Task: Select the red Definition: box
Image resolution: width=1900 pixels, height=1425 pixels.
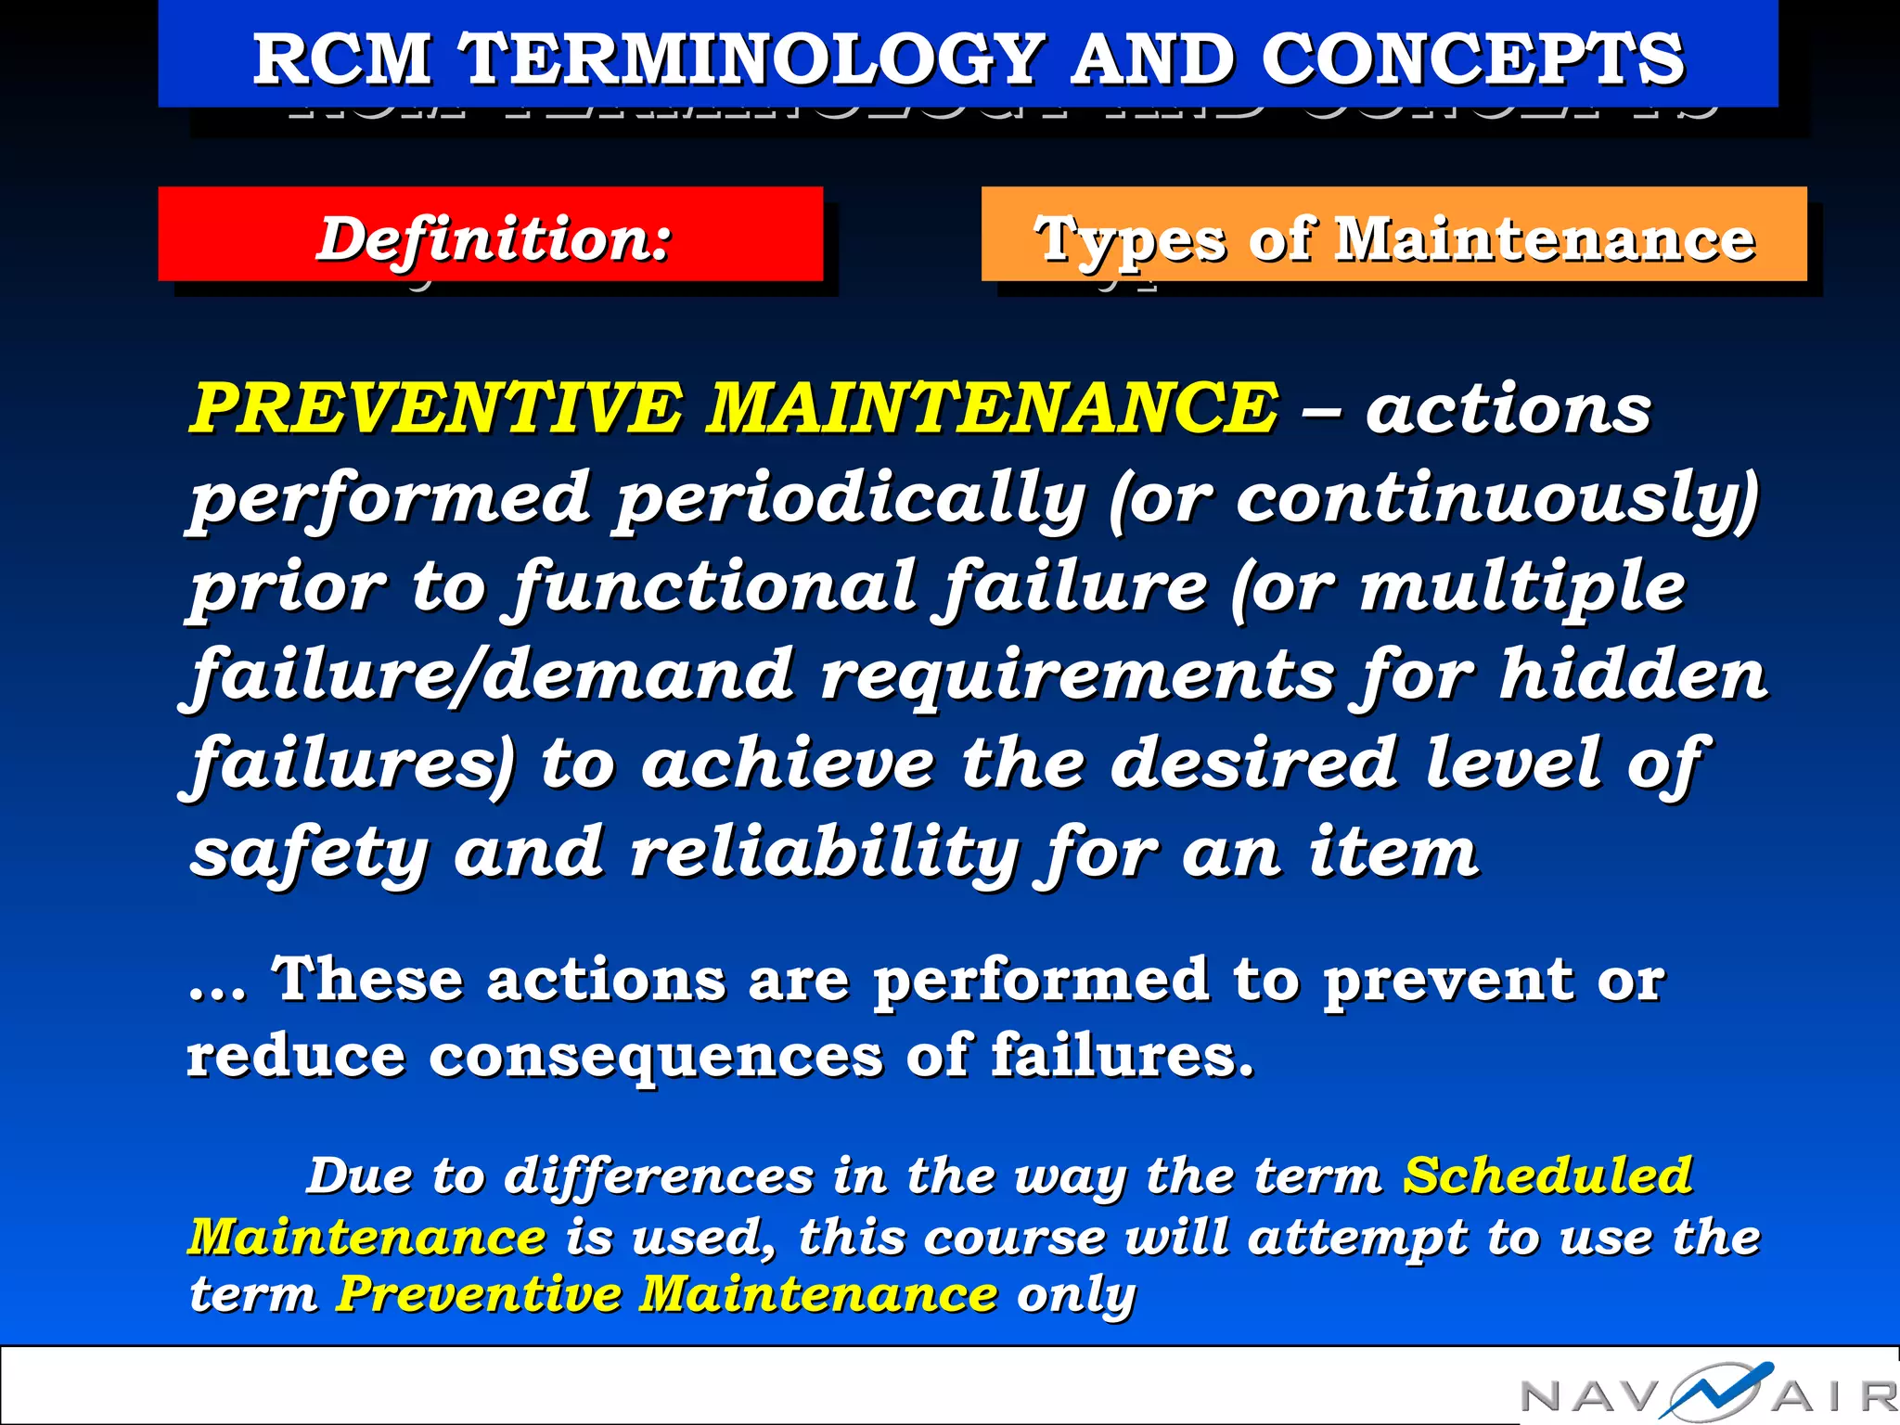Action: pyautogui.click(x=490, y=235)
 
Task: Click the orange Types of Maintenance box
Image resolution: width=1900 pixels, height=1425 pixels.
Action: pyautogui.click(x=1393, y=235)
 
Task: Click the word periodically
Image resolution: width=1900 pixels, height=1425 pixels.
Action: pyautogui.click(x=850, y=499)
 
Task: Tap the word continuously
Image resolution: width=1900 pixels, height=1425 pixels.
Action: pyautogui.click(x=1488, y=499)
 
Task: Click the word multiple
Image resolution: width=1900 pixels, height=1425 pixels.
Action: pyautogui.click(x=1521, y=586)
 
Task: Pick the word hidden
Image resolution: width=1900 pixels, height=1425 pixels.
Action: pyautogui.click(x=1633, y=674)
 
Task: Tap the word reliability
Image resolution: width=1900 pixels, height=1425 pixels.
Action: pyautogui.click(x=826, y=852)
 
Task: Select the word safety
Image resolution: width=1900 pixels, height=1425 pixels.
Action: pyautogui.click(x=310, y=852)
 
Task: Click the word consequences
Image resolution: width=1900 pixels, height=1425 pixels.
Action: pyautogui.click(x=655, y=1056)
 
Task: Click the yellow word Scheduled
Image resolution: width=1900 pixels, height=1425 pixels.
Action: pyautogui.click(x=1547, y=1176)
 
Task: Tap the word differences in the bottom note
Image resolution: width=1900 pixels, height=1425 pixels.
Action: pyautogui.click(x=659, y=1176)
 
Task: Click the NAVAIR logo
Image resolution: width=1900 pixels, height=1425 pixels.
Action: pyautogui.click(x=1707, y=1392)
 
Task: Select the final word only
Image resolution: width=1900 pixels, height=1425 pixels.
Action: pyautogui.click(x=1076, y=1294)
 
